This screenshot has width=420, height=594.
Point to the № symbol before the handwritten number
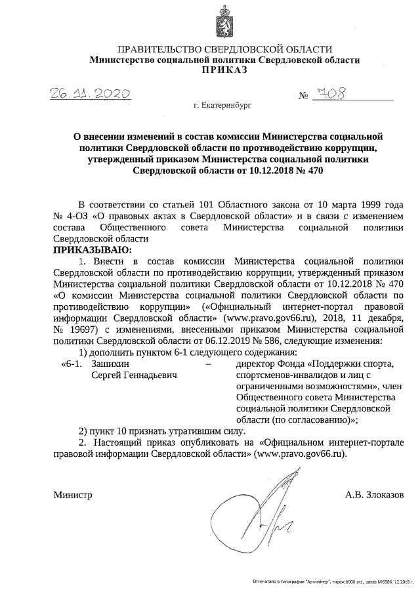click(303, 97)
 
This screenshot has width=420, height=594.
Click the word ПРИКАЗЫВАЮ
click(93, 250)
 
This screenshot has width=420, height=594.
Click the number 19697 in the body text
click(81, 330)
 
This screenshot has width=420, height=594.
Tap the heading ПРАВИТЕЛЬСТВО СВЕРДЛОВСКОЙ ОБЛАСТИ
click(224, 50)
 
